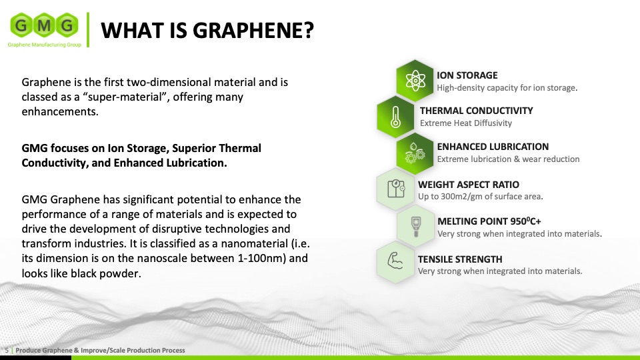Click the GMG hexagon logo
point(45,25)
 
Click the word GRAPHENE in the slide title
point(253,30)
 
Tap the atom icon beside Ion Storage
point(415,81)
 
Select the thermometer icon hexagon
point(395,117)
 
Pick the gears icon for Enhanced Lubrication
point(415,153)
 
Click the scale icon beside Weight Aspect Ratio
point(395,189)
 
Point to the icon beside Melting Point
point(416,226)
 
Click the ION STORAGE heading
point(467,75)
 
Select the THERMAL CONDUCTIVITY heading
point(476,111)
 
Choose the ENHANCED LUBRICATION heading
point(493,147)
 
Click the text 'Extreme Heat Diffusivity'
point(466,123)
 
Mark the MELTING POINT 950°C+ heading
point(489,221)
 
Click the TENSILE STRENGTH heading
point(460,259)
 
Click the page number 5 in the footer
point(7,350)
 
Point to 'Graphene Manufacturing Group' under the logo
point(45,45)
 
